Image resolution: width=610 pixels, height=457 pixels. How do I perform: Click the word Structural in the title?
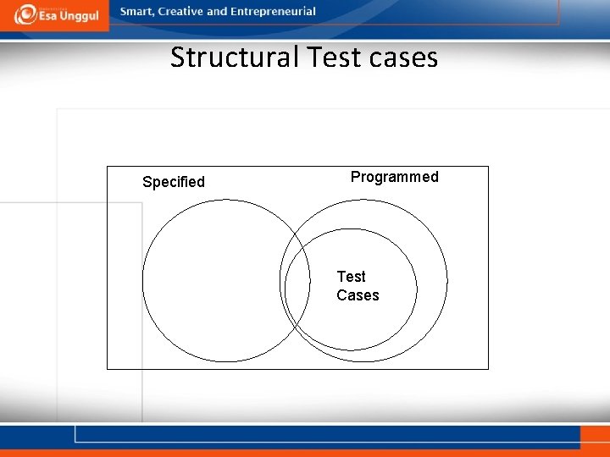(235, 58)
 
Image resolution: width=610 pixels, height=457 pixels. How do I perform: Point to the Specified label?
(174, 182)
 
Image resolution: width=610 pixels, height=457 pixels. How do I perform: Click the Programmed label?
(394, 177)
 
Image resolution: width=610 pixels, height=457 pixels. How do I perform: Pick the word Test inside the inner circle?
(351, 277)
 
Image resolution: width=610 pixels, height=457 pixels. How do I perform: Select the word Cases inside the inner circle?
(358, 295)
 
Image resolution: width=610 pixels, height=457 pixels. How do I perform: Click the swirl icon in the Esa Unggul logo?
(25, 14)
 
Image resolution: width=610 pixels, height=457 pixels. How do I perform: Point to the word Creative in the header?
(180, 12)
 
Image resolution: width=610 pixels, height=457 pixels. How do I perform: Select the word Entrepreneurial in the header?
(273, 12)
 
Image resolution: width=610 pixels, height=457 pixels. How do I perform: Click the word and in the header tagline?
(218, 12)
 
